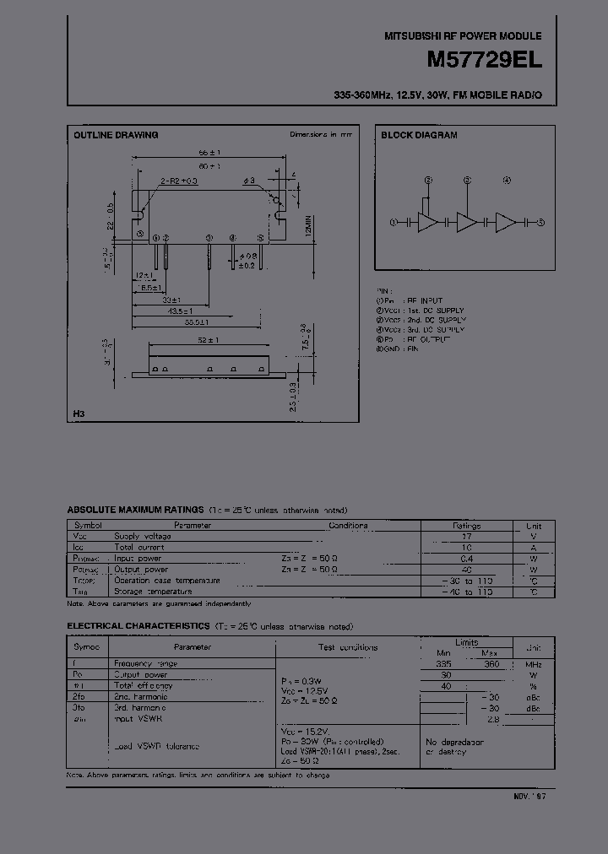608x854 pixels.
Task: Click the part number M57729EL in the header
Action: [493, 62]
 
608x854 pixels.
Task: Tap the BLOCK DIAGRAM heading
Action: [419, 135]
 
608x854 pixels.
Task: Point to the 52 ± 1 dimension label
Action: [209, 340]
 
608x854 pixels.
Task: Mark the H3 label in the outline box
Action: [79, 414]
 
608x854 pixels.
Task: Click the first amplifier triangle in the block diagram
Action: [429, 222]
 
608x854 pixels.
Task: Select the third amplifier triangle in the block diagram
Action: [506, 222]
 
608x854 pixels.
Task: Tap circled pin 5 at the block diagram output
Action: [541, 222]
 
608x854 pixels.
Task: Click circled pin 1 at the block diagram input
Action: [394, 222]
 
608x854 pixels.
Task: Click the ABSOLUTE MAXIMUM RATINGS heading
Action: [135, 510]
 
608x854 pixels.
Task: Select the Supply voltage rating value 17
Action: [467, 536]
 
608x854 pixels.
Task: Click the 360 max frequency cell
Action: [491, 664]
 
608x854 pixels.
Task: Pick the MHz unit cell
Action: [534, 664]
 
